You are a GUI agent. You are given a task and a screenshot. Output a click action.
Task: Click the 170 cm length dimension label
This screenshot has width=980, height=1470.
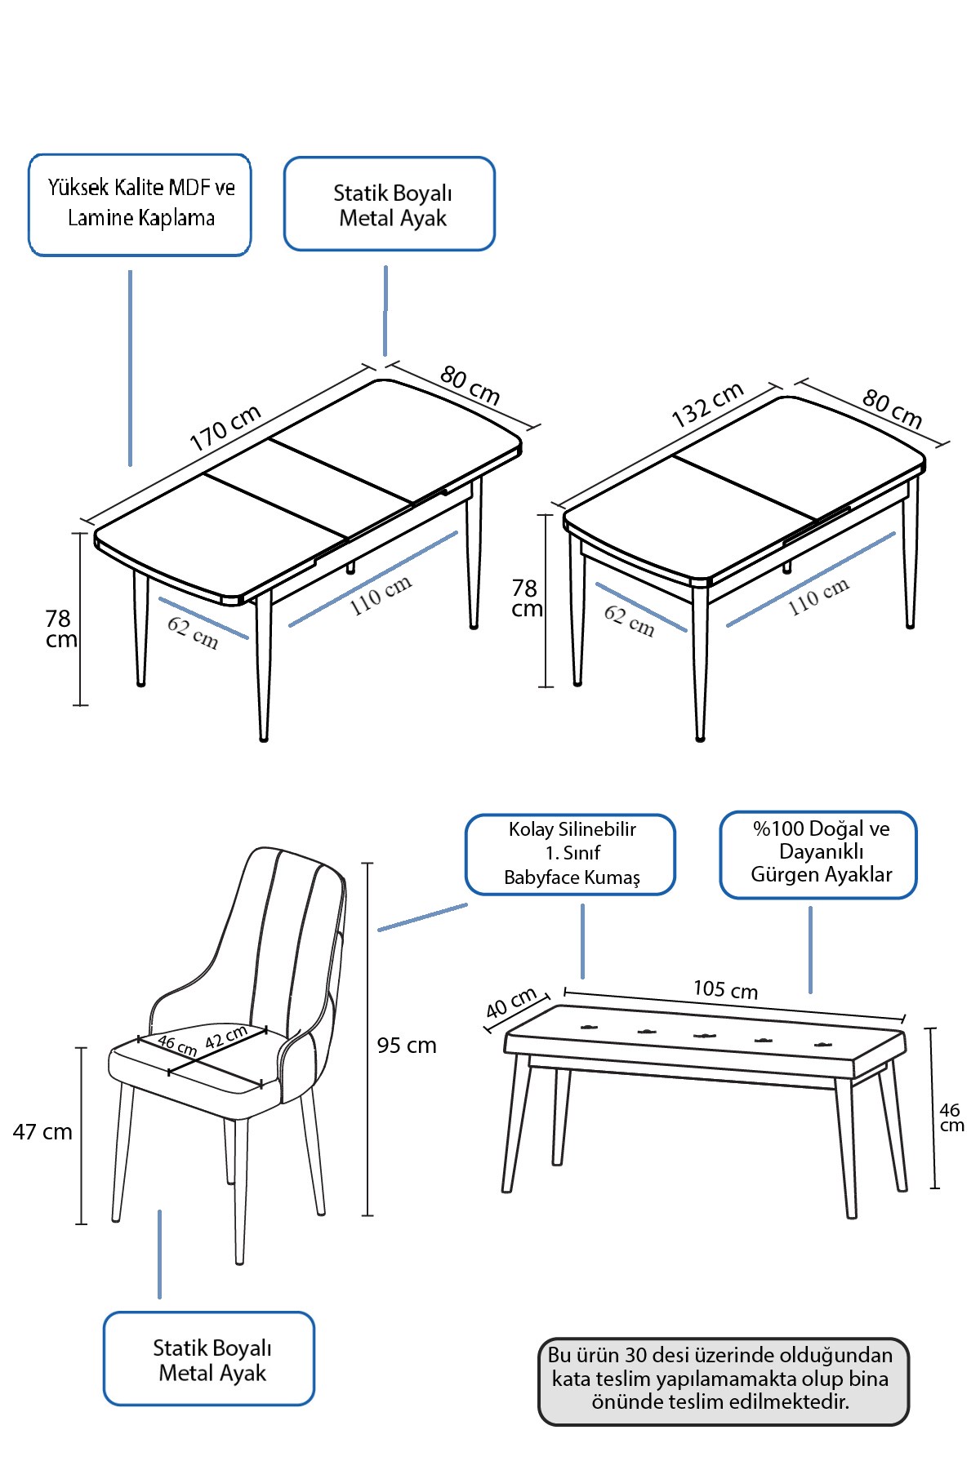click(225, 428)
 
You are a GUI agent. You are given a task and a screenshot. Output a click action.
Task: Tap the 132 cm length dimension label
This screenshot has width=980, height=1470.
click(707, 404)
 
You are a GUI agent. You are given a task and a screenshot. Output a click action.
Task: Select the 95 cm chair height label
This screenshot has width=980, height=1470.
click(407, 1046)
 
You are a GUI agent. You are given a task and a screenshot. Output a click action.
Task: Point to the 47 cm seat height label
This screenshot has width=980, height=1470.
click(42, 1132)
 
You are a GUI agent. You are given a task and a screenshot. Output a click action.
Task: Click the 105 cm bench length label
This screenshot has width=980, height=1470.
click(725, 990)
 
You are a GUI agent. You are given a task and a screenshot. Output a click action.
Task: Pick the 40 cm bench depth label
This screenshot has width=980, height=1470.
click(511, 1002)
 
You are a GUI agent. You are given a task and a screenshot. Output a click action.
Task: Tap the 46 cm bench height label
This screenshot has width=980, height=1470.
click(951, 1117)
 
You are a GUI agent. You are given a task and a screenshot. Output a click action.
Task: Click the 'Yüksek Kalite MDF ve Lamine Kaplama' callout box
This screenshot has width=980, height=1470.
click(140, 204)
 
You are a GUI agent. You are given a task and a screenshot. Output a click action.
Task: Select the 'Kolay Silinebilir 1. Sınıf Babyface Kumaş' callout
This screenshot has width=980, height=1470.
click(571, 854)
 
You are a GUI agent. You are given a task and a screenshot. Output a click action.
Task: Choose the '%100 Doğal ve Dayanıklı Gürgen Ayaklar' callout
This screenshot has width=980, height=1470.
click(819, 854)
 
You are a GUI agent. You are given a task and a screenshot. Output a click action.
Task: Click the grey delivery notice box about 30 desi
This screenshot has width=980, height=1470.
click(723, 1380)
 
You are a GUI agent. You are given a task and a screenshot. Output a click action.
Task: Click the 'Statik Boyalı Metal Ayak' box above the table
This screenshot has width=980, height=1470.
click(390, 204)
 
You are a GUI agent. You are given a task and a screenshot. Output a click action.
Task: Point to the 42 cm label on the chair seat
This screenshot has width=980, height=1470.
click(226, 1037)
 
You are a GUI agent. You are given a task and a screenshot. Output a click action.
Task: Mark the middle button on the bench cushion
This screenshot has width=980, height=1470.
click(705, 1036)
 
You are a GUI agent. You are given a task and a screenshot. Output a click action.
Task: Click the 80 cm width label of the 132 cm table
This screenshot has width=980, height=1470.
click(892, 409)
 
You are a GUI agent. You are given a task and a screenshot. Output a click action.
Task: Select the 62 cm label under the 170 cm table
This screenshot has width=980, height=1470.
click(193, 633)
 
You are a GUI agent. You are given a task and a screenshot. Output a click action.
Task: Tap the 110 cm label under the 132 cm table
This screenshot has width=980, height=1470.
click(818, 597)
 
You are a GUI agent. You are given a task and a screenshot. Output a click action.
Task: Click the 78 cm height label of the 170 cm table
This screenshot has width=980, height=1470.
click(60, 628)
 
